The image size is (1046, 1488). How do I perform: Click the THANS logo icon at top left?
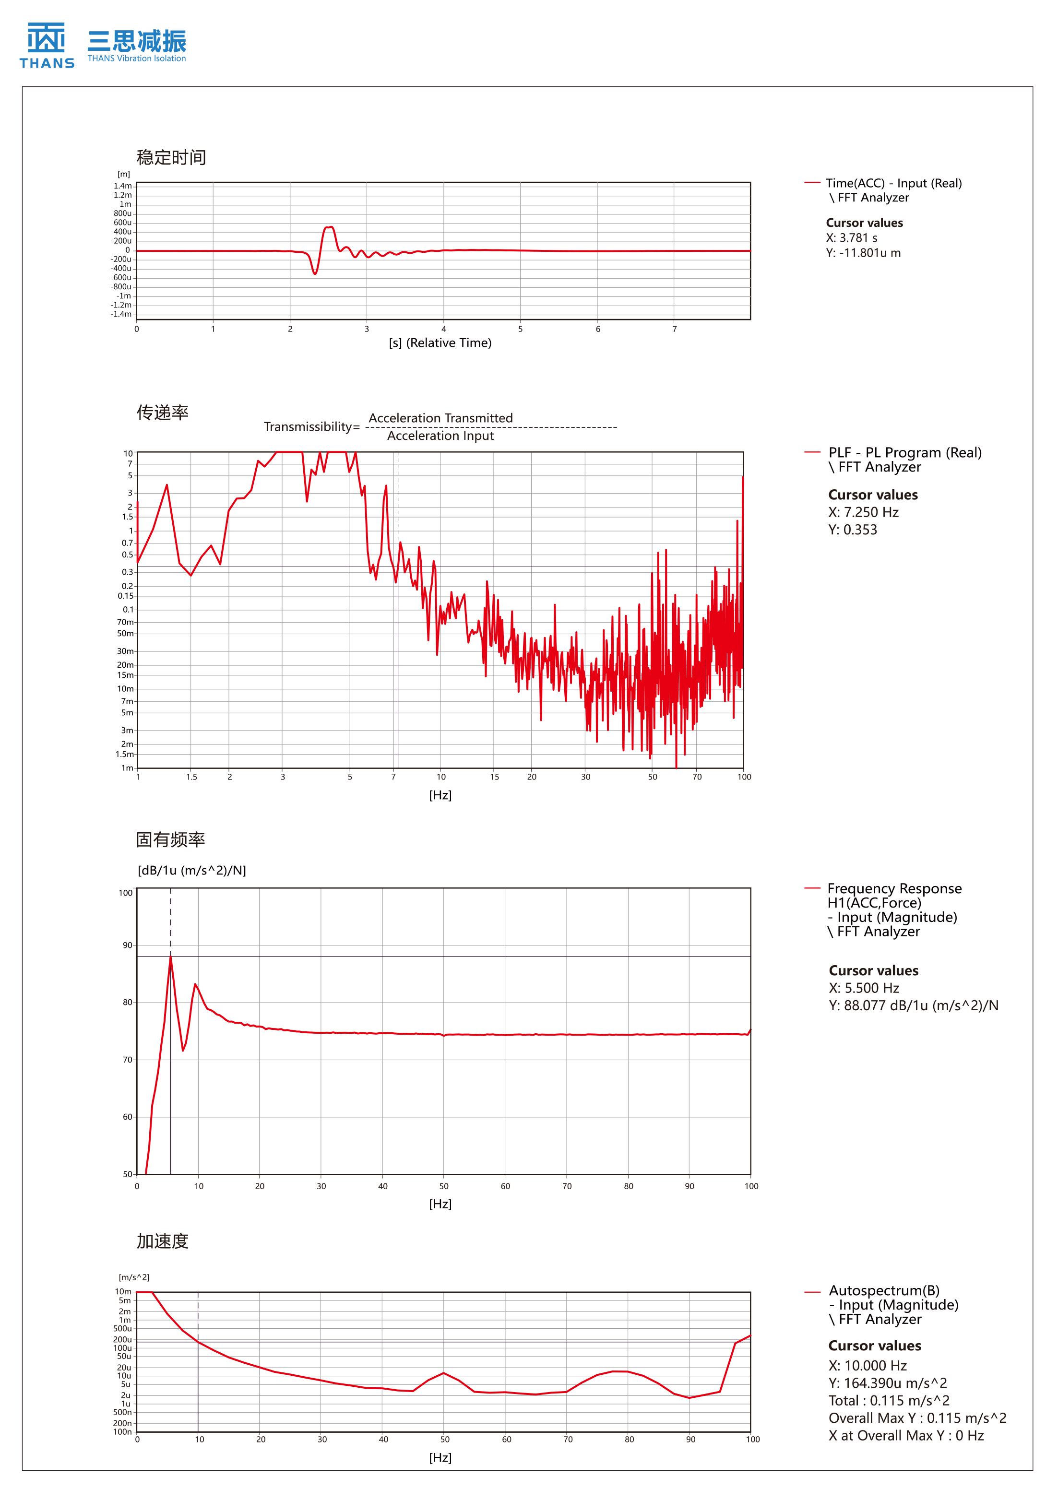(46, 39)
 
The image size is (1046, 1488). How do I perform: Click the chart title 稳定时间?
(171, 157)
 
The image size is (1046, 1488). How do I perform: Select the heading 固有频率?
(170, 839)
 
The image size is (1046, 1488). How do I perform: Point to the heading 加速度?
(163, 1240)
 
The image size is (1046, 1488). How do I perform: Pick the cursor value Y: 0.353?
(852, 530)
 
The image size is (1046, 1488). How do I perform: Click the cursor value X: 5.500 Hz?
(863, 988)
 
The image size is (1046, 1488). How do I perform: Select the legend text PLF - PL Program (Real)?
(905, 452)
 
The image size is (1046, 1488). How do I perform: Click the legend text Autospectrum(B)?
(884, 1290)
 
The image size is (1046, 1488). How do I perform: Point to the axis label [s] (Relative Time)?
(440, 343)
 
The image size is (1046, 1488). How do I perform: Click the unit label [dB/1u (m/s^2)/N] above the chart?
(192, 870)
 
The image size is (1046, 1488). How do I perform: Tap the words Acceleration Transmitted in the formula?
(440, 418)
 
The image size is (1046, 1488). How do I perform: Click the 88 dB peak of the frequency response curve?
(170, 957)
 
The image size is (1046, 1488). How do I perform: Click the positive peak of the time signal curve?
(330, 227)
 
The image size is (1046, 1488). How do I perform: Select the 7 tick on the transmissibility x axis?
(393, 777)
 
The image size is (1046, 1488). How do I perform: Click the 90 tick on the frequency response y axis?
(127, 945)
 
